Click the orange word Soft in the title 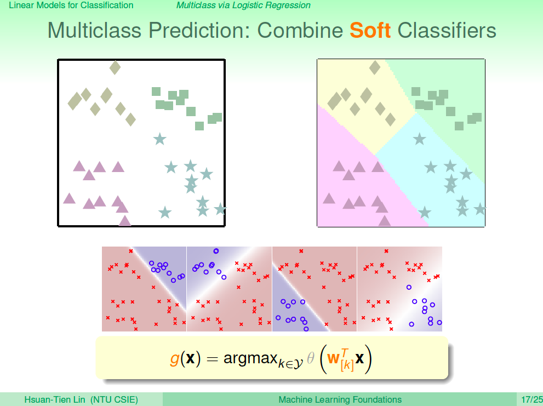tap(370, 30)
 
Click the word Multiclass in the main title tap(95, 30)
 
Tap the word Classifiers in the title tap(447, 30)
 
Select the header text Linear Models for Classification tap(71, 5)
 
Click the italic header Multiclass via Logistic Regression tap(243, 5)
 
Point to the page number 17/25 tap(532, 399)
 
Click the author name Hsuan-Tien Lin tap(54, 399)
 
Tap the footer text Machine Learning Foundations tap(340, 399)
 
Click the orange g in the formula tap(175, 358)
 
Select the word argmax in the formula tap(251, 358)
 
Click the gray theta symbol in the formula tap(311, 357)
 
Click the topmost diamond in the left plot tap(115, 67)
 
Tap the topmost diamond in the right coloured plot tap(375, 67)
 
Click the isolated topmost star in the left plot tap(159, 139)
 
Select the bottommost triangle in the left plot tap(125, 221)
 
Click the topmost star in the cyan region tap(419, 139)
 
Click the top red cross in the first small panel tap(131, 251)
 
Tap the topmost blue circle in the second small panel tap(216, 251)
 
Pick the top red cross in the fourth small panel tap(386, 251)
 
